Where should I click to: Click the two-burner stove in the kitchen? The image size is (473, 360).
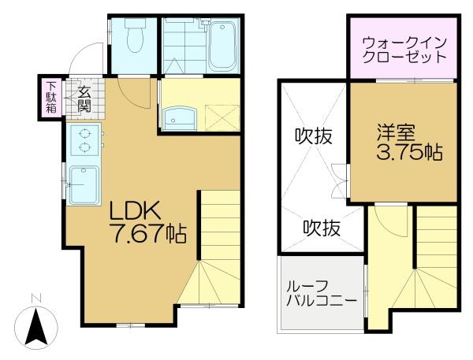83,141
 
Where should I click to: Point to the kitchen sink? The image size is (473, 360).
83,184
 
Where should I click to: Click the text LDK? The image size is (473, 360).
135,211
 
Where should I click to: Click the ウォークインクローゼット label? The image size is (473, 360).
404,49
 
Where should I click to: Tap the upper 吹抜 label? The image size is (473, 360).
313,135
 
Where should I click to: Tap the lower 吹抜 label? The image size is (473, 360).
322,228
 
